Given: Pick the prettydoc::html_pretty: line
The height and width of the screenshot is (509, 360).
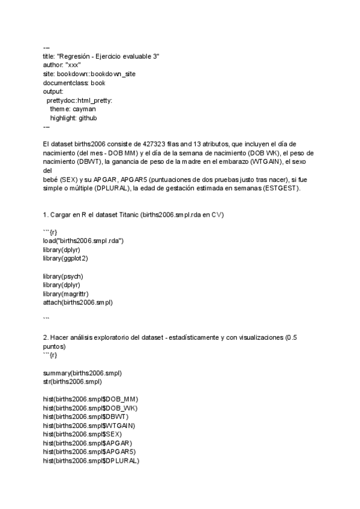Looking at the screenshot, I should click(x=80, y=100).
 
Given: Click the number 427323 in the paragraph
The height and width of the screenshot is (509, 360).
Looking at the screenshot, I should click(x=160, y=144).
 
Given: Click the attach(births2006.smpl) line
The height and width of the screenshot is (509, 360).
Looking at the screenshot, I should click(x=78, y=303).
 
